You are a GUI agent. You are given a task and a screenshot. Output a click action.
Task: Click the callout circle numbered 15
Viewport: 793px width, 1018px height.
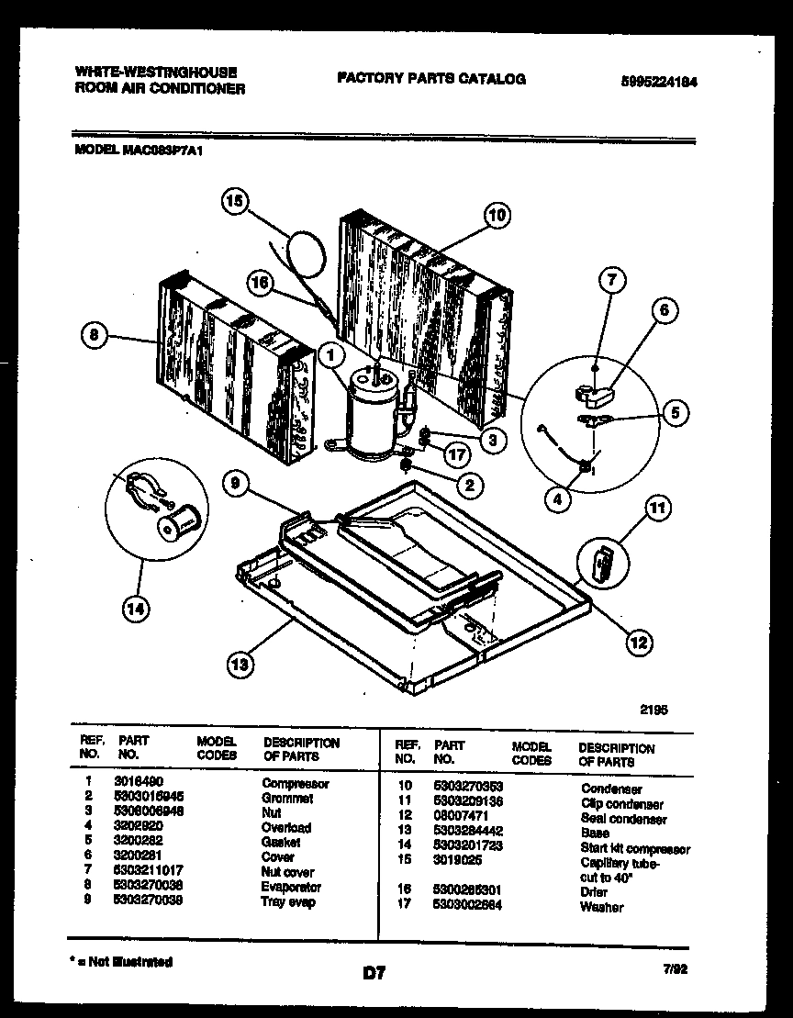click(237, 201)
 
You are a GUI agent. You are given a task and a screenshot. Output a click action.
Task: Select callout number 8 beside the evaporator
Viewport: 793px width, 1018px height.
click(91, 337)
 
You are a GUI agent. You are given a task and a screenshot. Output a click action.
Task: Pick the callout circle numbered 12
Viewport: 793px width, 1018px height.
click(639, 643)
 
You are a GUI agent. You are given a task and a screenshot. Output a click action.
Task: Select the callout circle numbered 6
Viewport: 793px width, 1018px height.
click(665, 310)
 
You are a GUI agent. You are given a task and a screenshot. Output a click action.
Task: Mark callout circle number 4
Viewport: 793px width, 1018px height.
click(557, 499)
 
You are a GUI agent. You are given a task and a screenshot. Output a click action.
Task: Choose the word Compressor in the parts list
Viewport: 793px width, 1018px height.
click(295, 784)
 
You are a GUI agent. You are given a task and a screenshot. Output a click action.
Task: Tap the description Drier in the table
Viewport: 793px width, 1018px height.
click(595, 892)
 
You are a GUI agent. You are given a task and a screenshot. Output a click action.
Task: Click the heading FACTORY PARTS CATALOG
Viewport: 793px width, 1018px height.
click(431, 79)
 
